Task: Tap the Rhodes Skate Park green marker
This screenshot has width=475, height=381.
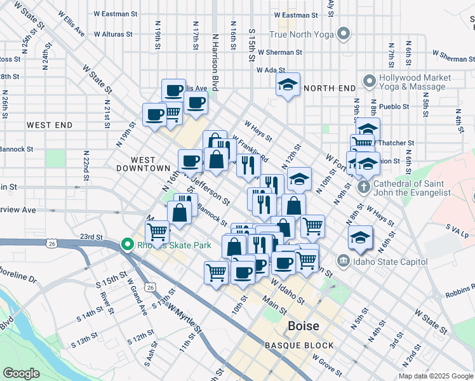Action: (127, 244)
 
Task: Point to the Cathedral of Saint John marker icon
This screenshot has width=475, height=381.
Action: (363, 187)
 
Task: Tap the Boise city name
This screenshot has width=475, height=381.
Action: (303, 326)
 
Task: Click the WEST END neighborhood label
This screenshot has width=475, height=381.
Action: (50, 126)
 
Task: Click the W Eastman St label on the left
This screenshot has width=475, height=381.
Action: (115, 13)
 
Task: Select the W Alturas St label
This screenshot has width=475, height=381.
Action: (112, 34)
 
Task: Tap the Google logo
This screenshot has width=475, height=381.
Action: (22, 373)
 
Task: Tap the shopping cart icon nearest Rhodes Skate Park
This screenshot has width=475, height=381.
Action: (157, 232)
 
